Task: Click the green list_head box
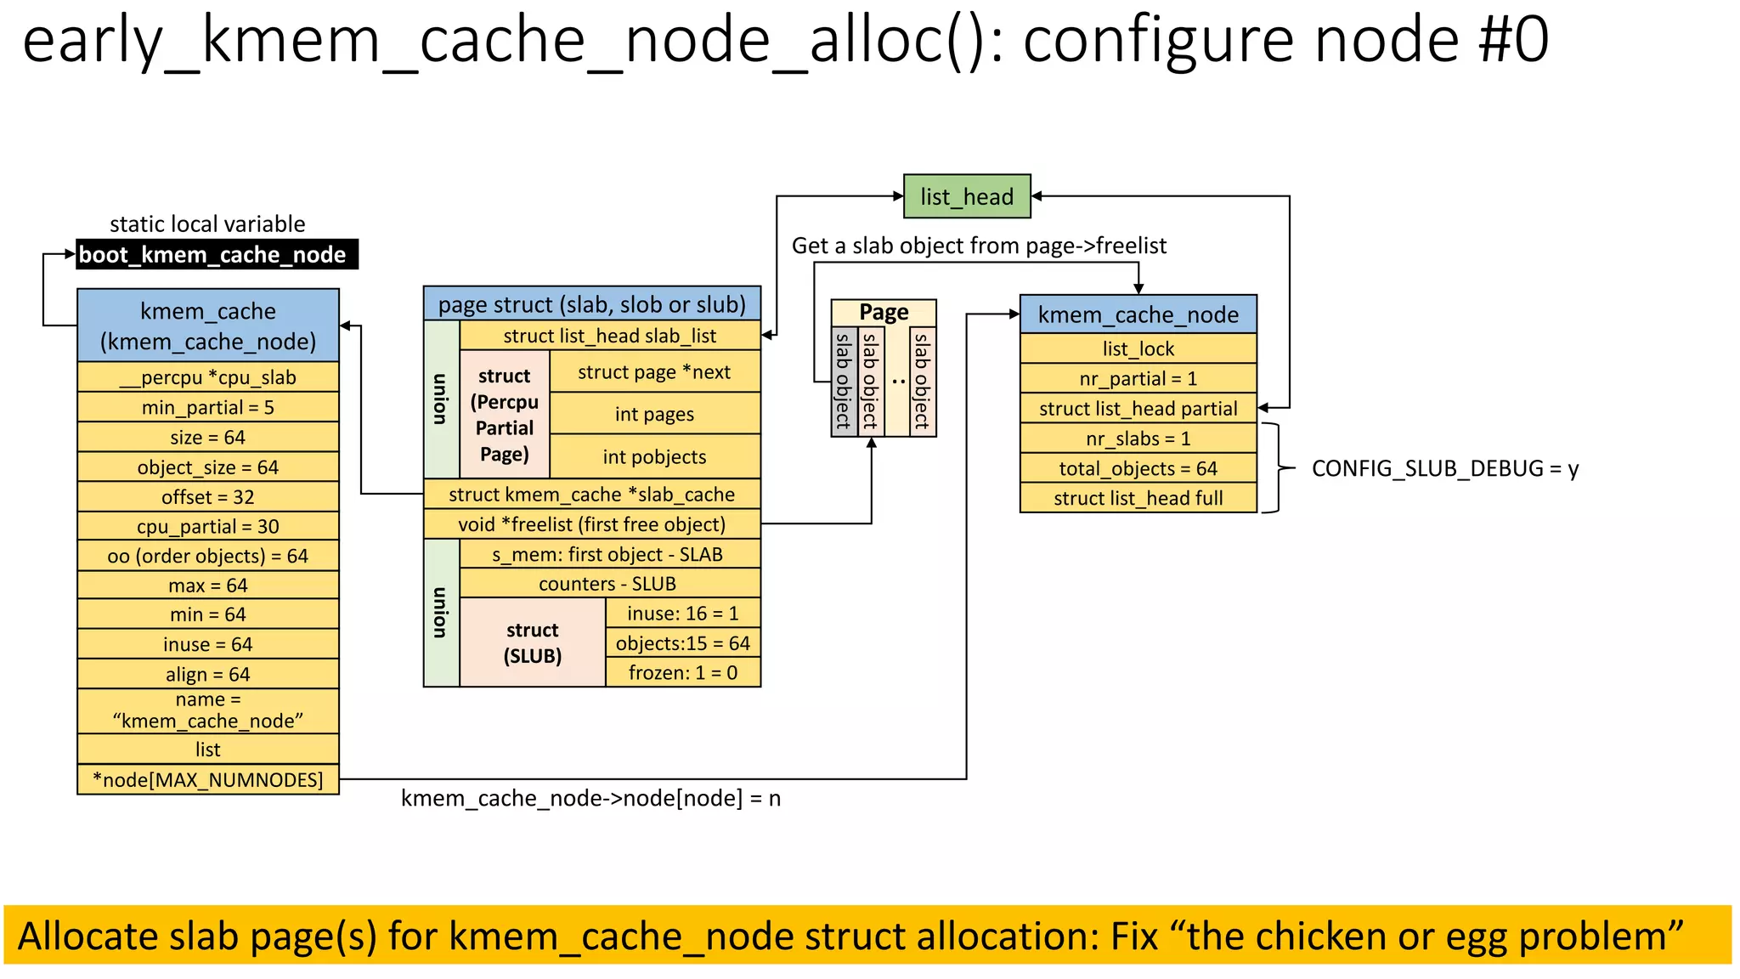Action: (967, 196)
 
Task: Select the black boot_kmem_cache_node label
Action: (217, 254)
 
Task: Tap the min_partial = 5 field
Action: (208, 407)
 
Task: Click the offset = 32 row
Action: (208, 496)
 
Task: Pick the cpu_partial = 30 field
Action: (208, 526)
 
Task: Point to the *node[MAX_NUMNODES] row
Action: (208, 779)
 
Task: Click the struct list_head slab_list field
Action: (609, 336)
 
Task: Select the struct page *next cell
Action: (654, 372)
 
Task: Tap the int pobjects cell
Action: (654, 456)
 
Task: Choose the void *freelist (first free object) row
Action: (591, 524)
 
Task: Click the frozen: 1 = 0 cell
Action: (682, 672)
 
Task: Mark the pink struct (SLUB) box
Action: (533, 642)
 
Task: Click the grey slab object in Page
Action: (844, 381)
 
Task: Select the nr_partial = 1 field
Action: (1138, 378)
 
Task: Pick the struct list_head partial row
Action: (1138, 409)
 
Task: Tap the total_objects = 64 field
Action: (1138, 468)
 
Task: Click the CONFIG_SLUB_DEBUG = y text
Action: (1444, 468)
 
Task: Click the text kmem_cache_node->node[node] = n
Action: (590, 798)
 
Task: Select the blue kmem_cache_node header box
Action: (1138, 314)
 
